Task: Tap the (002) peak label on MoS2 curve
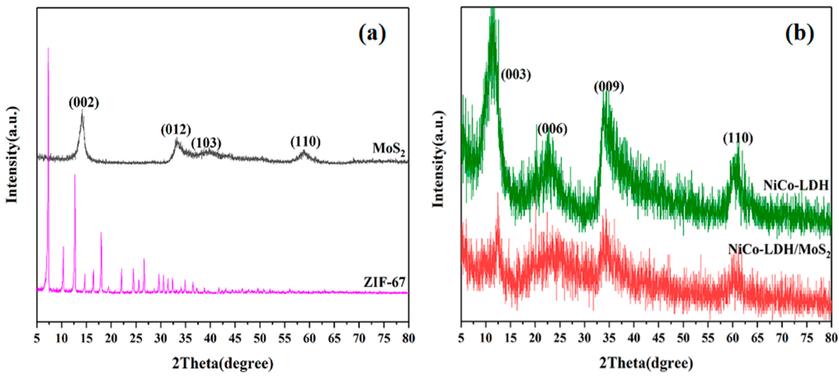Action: click(84, 103)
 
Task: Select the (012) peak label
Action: click(176, 130)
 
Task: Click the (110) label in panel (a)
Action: click(306, 141)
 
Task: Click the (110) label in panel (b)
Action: click(738, 138)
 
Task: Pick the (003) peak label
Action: click(516, 75)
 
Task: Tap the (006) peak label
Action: click(552, 129)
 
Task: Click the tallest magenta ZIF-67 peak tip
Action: click(48, 48)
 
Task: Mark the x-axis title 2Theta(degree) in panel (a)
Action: click(223, 363)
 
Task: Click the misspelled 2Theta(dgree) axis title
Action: click(646, 363)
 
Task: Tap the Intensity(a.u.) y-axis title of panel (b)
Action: click(439, 159)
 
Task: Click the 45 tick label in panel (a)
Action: click(235, 339)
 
